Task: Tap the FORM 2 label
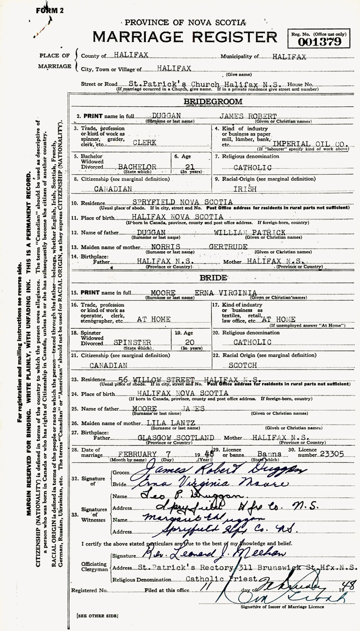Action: pos(50,11)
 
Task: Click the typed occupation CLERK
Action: pos(145,143)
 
